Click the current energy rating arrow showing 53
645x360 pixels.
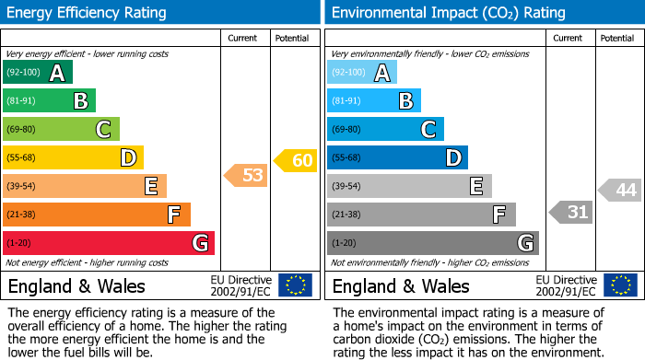click(247, 175)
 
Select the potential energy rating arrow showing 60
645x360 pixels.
click(296, 161)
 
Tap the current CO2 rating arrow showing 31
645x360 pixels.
click(571, 213)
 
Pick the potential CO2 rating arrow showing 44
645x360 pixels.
click(620, 190)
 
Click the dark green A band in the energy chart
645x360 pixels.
click(38, 73)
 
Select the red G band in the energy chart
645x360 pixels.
click(109, 243)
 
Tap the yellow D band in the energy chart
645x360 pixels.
click(74, 157)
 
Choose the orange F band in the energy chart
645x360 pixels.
click(97, 215)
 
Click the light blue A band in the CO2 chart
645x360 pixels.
click(362, 73)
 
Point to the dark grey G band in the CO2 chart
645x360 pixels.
click(433, 243)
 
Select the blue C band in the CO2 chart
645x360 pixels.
click(385, 129)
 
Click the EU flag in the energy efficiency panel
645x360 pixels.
click(295, 285)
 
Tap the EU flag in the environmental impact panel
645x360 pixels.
click(621, 285)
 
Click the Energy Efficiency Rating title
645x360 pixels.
click(88, 13)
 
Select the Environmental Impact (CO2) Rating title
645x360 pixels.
click(448, 13)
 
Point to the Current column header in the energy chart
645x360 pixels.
click(243, 38)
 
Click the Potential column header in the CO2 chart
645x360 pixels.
click(616, 38)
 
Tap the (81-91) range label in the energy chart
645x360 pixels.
click(22, 101)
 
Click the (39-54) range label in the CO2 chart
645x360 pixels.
click(346, 186)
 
